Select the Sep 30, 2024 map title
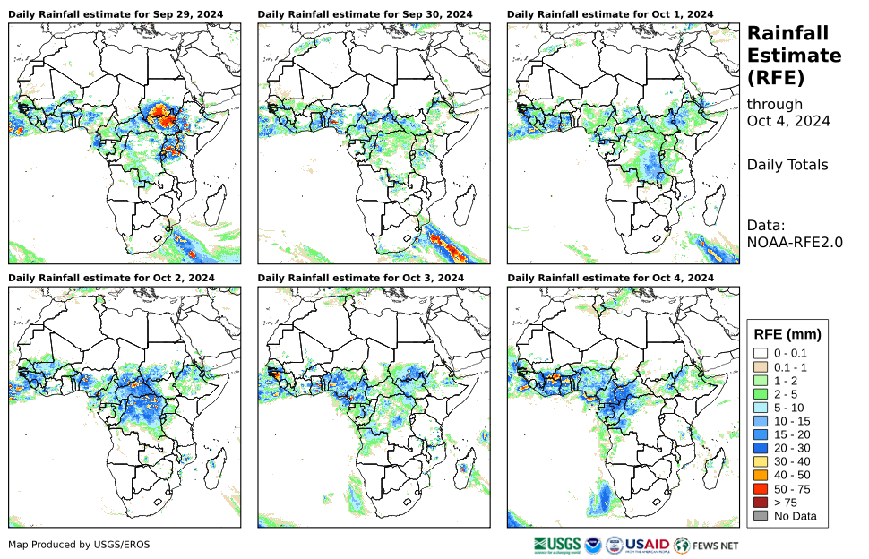(365, 15)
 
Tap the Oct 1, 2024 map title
(610, 15)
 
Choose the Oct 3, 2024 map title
(360, 279)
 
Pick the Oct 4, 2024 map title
(610, 279)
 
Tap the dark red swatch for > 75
(761, 503)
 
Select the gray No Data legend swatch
(761, 517)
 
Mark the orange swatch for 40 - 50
(761, 476)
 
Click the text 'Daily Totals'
(787, 165)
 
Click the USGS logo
(555, 544)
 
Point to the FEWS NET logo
(707, 544)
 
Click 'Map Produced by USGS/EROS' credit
(79, 545)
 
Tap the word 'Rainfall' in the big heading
(791, 33)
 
